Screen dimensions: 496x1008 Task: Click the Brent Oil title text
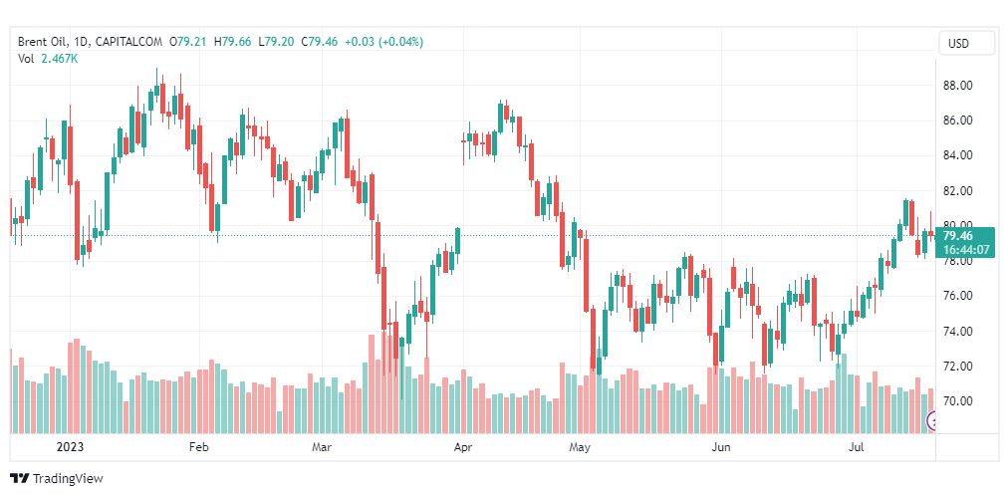tap(45, 42)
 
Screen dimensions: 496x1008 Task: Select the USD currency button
tap(958, 43)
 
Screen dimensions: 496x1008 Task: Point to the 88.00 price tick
tap(957, 86)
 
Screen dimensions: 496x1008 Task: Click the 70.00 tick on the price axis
tap(957, 401)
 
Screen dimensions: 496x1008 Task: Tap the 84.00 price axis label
tap(957, 155)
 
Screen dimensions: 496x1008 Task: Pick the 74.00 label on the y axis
tap(957, 331)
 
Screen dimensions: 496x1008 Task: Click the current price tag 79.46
tap(957, 236)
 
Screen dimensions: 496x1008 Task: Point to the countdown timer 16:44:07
tap(965, 250)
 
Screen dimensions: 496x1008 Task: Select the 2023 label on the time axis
tap(70, 448)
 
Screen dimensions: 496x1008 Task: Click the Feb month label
tap(198, 448)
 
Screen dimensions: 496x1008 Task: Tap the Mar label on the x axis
tap(321, 448)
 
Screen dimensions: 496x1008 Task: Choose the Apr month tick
tap(462, 448)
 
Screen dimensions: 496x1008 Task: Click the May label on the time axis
tap(581, 448)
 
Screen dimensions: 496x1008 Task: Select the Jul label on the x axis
tap(857, 448)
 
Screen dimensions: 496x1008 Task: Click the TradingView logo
tap(57, 479)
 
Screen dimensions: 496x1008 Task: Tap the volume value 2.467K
tap(61, 59)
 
